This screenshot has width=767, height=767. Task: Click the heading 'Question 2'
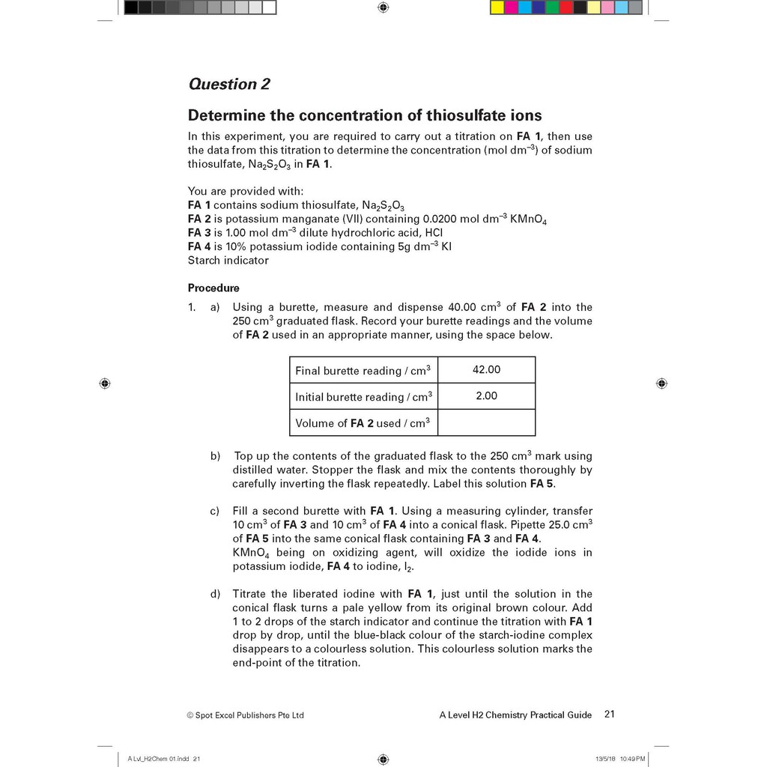click(228, 84)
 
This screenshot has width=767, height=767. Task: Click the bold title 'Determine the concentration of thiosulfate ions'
click(364, 115)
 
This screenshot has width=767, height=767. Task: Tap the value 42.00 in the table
click(486, 369)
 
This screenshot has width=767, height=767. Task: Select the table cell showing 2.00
click(486, 395)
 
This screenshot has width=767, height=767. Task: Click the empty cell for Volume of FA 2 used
click(486, 422)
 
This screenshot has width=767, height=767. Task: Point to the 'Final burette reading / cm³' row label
click(363, 371)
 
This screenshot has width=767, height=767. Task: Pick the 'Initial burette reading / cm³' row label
click(363, 397)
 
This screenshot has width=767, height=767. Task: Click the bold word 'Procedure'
click(213, 288)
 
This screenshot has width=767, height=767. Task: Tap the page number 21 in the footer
click(609, 715)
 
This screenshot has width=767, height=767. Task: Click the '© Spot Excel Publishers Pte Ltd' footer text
click(245, 715)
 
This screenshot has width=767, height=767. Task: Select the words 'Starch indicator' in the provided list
click(228, 261)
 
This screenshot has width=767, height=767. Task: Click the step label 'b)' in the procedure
click(215, 456)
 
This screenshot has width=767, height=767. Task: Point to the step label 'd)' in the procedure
click(215, 594)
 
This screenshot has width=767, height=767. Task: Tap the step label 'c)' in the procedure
click(215, 511)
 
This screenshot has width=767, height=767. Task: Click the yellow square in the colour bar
click(497, 7)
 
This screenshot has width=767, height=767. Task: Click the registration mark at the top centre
click(383, 7)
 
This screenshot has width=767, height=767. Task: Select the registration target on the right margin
click(661, 383)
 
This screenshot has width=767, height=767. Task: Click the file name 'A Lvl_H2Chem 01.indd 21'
click(164, 759)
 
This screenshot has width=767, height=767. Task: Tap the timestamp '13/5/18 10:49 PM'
click(619, 759)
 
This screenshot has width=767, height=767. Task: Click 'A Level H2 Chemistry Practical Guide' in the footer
click(515, 715)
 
